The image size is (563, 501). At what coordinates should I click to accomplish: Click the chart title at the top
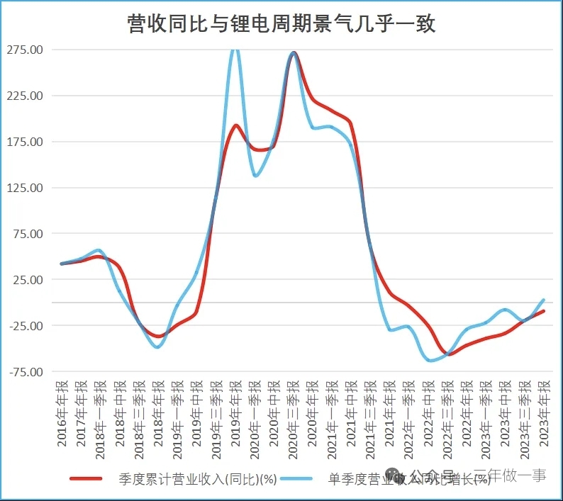pyautogui.click(x=281, y=25)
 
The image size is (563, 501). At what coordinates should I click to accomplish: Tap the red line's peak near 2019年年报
pyautogui.click(x=236, y=125)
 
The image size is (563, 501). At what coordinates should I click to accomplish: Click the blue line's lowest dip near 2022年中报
pyautogui.click(x=430, y=361)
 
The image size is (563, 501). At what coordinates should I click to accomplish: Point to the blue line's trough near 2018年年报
pyautogui.click(x=157, y=347)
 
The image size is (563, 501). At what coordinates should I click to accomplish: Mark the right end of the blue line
pyautogui.click(x=543, y=300)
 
